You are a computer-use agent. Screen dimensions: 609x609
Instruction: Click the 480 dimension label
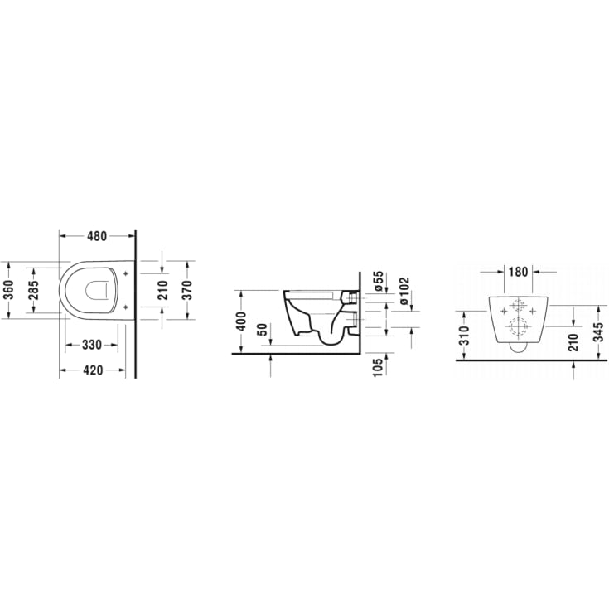click(97, 235)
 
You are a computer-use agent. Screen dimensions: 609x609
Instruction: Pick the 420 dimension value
click(92, 370)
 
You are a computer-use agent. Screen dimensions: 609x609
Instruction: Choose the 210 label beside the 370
click(163, 290)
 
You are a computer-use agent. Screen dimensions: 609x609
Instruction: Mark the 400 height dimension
click(241, 321)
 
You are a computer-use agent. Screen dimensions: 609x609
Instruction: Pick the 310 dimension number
click(464, 335)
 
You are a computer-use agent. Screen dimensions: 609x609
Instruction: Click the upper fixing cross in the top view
click(124, 273)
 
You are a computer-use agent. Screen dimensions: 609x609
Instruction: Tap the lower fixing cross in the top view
click(124, 307)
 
